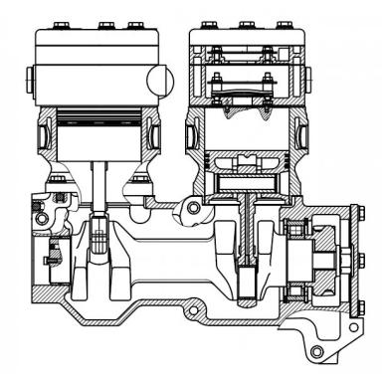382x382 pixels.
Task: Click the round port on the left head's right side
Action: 158,78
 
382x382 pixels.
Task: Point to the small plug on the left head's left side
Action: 30,78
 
